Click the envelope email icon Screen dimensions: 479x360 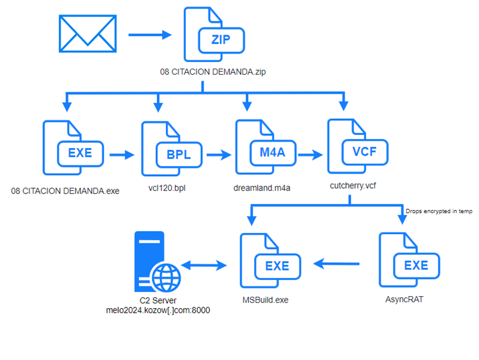pos(88,33)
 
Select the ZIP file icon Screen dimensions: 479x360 pos(214,34)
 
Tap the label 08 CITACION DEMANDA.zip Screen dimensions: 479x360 pos(213,72)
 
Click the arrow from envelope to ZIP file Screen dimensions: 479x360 pos(150,35)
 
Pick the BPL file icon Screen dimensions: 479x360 pos(172,149)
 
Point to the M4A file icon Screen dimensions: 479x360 pos(266,147)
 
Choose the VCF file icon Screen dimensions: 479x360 pos(358,146)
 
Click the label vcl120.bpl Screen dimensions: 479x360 pos(167,188)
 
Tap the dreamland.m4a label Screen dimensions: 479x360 pos(262,188)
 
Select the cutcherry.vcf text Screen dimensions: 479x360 pos(353,186)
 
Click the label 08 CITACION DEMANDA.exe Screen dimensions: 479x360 pos(65,191)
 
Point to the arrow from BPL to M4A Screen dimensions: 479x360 pos(219,155)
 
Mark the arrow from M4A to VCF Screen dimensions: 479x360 pos(310,155)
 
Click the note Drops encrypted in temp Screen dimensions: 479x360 pos(438,211)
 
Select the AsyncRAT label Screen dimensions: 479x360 pos(404,299)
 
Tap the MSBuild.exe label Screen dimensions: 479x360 pos(265,300)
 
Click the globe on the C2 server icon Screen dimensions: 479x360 pos(166,278)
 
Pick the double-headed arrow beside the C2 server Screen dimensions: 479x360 pos(204,265)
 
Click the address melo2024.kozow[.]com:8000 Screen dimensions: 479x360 pos(158,310)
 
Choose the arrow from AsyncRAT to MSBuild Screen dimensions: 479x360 pos(336,264)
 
